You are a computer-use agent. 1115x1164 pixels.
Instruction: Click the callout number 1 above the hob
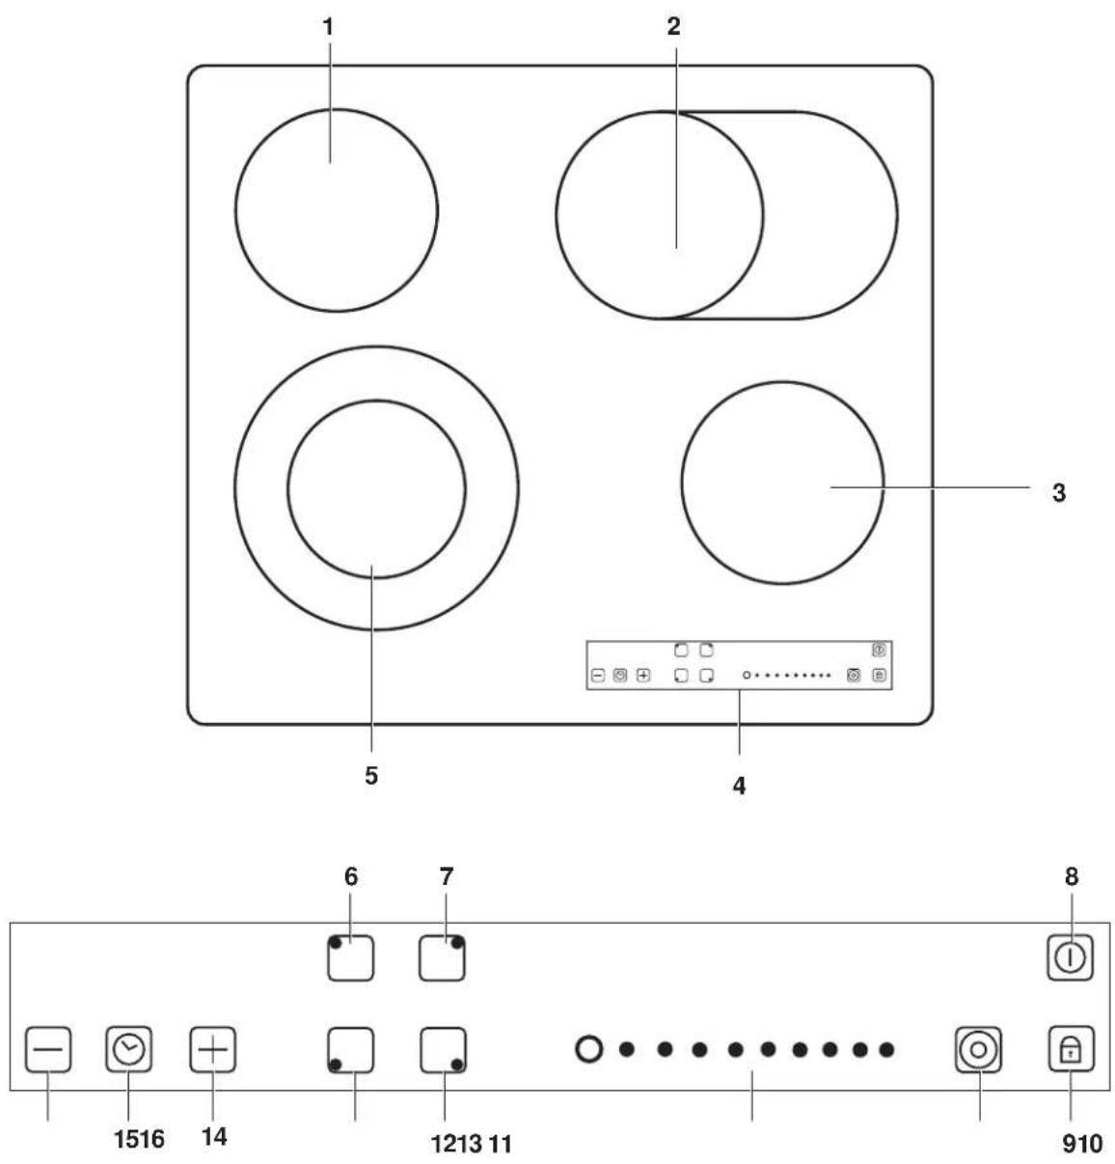(x=328, y=27)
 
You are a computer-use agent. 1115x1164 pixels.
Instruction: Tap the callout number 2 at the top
(x=673, y=26)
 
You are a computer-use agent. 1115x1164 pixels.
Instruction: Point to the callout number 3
(x=1059, y=493)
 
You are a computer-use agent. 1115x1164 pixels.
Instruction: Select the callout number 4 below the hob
(x=740, y=786)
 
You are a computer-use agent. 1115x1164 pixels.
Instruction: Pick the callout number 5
(x=371, y=776)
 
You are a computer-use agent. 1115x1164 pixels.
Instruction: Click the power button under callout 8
(x=1070, y=957)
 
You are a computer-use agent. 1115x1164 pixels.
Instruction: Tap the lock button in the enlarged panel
(x=1071, y=1048)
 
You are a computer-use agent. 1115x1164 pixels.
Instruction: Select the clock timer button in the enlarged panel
(x=129, y=1049)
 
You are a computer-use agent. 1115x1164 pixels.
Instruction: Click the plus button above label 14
(x=213, y=1049)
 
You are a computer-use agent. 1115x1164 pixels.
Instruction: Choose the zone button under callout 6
(x=351, y=957)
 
